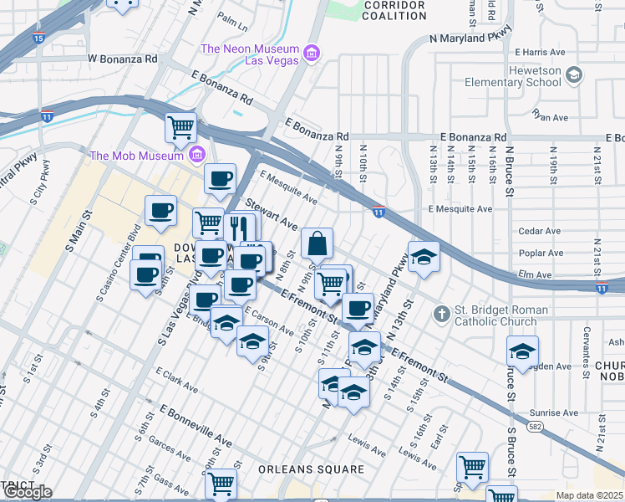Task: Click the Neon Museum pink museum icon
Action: click(x=312, y=54)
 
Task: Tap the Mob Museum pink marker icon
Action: click(x=197, y=154)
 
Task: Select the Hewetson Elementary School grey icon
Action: click(x=573, y=76)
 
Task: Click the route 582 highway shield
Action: click(x=532, y=426)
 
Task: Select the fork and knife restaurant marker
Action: click(x=239, y=228)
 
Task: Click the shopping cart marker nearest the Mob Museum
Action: click(x=180, y=128)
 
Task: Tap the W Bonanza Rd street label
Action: click(x=123, y=59)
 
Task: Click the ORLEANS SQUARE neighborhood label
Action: click(x=311, y=469)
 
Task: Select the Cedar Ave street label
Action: click(x=539, y=231)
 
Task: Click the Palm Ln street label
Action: click(x=231, y=16)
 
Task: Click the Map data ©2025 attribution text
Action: click(x=588, y=495)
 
